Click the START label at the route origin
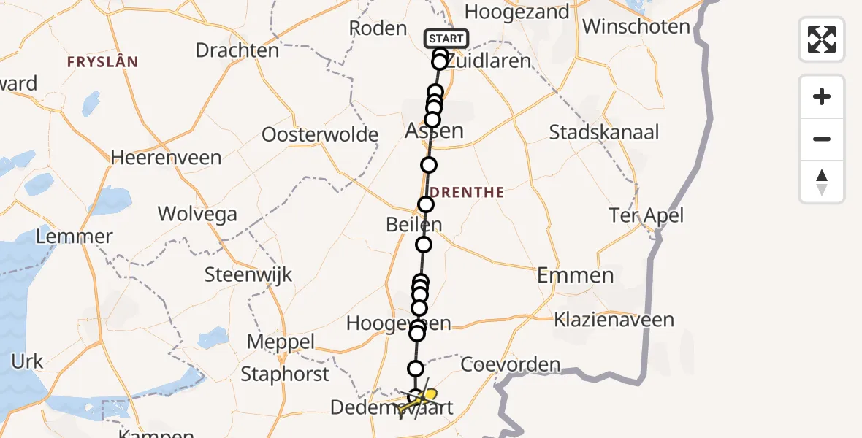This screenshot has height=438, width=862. pyautogui.click(x=446, y=39)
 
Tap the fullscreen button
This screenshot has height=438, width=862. pyautogui.click(x=822, y=39)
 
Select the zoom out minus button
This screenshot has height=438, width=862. pyautogui.click(x=822, y=139)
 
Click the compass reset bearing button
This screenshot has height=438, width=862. pyautogui.click(x=822, y=182)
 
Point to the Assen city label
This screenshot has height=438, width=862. pyautogui.click(x=435, y=131)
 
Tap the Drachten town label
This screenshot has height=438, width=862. pyautogui.click(x=237, y=50)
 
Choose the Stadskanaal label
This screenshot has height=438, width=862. pyautogui.click(x=604, y=133)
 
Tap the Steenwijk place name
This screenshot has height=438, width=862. pyautogui.click(x=249, y=274)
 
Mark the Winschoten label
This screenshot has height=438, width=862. pyautogui.click(x=636, y=27)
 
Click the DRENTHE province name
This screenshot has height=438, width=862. pyautogui.click(x=467, y=192)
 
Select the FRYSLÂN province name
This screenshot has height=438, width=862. pyautogui.click(x=102, y=61)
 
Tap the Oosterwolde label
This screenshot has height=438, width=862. pyautogui.click(x=320, y=135)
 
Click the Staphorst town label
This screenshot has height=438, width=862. pyautogui.click(x=286, y=374)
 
